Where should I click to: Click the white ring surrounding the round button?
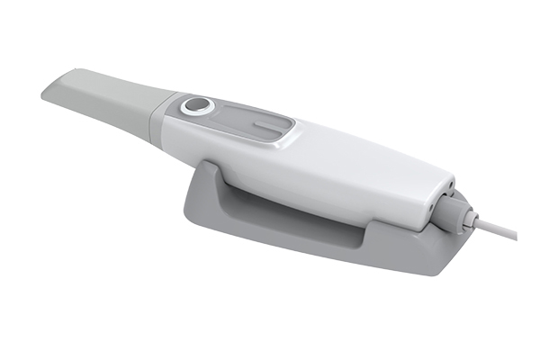point(186,107)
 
